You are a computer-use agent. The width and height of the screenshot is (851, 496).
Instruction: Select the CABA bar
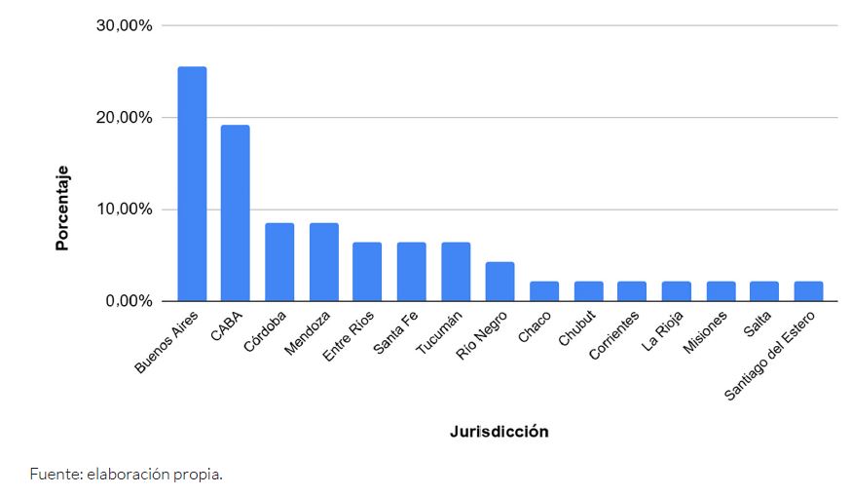point(236,212)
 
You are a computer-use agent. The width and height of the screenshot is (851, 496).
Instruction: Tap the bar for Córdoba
point(279,261)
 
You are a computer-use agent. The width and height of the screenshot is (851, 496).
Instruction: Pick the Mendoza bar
point(324,261)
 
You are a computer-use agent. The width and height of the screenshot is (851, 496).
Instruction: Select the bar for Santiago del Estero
point(808,290)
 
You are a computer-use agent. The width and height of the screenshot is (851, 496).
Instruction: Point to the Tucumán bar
point(456,271)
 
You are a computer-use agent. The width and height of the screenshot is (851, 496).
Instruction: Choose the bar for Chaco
point(544,290)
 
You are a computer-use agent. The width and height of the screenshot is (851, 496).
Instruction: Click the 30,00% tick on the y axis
point(125,25)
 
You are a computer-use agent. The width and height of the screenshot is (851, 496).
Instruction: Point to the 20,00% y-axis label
point(125,118)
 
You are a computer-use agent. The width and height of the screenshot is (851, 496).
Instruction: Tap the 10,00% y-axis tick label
point(125,210)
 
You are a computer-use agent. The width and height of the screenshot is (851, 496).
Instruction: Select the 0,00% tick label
point(129,301)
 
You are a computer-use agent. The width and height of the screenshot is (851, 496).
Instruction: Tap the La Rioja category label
point(663,329)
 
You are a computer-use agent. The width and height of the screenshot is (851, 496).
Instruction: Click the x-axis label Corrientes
point(616,334)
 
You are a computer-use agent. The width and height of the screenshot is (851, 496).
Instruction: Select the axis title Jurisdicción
point(499,431)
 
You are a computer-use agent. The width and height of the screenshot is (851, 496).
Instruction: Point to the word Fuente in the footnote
point(54,476)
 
